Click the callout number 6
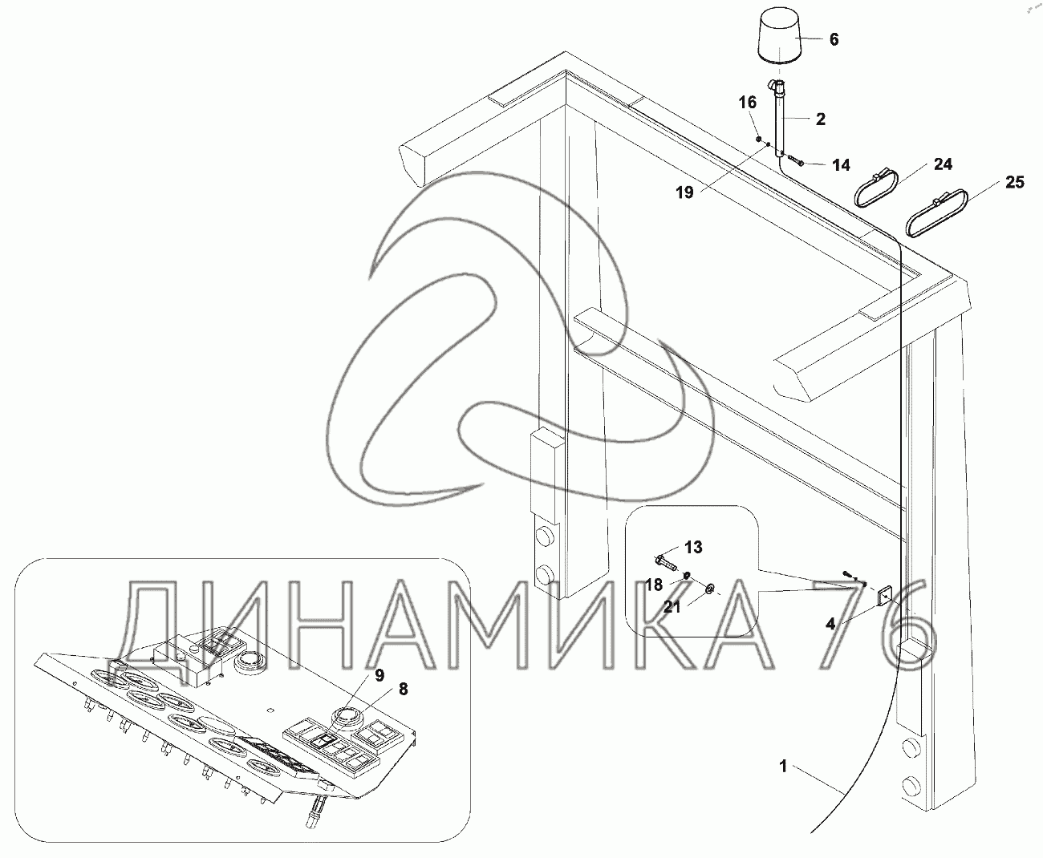point(834,39)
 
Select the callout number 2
point(820,119)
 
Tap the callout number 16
point(747,103)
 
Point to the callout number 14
point(841,165)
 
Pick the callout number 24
point(943,164)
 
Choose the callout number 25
point(1015,183)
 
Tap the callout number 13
point(693,547)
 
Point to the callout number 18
point(655,584)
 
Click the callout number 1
point(782,767)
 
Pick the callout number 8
point(403,688)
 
